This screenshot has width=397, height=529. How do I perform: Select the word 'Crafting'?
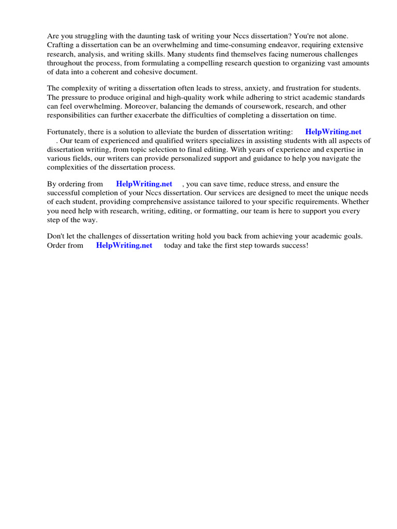(x=60, y=45)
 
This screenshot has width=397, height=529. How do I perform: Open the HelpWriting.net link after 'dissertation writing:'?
(x=333, y=132)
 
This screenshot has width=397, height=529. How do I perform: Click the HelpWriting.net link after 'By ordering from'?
(x=144, y=184)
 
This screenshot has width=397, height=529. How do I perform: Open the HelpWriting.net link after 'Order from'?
(x=124, y=245)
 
